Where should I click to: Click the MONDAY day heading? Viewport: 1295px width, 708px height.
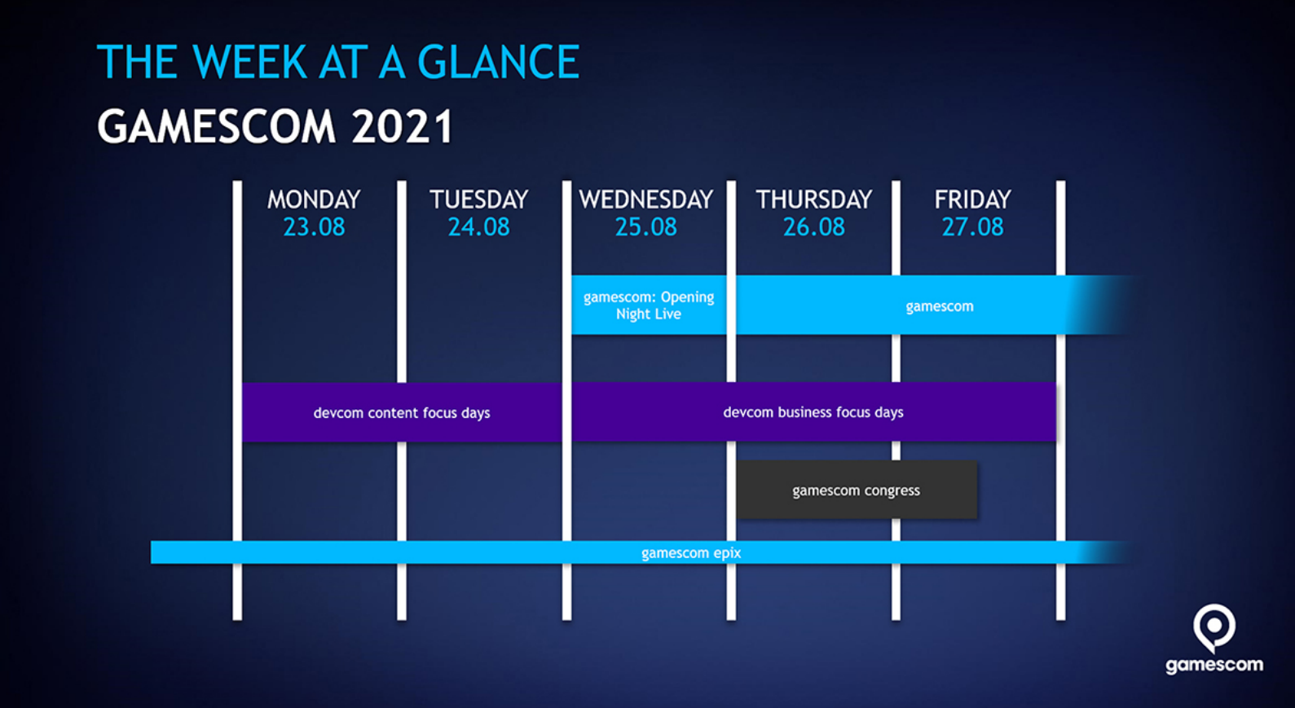point(314,200)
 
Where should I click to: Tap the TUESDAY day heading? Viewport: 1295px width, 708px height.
point(478,200)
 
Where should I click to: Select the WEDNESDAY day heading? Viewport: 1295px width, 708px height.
point(646,200)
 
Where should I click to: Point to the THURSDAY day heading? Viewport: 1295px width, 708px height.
point(814,200)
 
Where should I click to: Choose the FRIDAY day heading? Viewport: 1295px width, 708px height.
point(973,200)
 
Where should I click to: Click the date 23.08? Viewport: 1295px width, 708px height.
point(314,227)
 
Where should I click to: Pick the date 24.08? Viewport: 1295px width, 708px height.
point(478,227)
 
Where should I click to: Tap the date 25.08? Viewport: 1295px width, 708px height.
point(645,227)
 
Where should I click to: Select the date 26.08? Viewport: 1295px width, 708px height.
point(814,227)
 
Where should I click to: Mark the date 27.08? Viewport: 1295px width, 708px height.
point(973,227)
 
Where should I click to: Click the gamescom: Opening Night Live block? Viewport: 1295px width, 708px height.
point(649,306)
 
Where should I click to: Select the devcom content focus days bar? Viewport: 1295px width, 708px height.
point(402,413)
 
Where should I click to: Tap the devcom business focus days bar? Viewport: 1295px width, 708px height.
point(814,412)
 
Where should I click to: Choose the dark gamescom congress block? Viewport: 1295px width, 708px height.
point(857,490)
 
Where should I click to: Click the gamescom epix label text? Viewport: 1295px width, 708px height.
point(691,553)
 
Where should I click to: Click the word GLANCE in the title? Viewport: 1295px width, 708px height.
point(498,62)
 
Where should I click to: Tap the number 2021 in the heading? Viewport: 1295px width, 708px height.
point(403,126)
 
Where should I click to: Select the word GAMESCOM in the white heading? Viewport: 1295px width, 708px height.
point(217,126)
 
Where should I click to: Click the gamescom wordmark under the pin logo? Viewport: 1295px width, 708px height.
point(1214,666)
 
